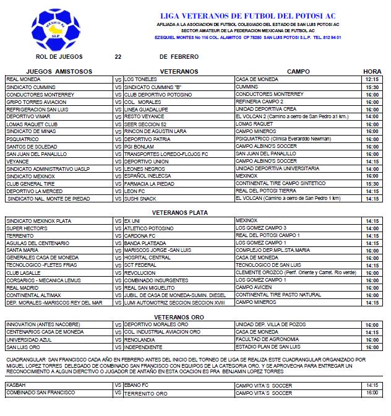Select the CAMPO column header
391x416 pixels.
click(x=298, y=72)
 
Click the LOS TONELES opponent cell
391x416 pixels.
click(x=140, y=80)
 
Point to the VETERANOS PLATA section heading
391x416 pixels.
click(x=179, y=210)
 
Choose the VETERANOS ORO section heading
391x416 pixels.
click(x=179, y=317)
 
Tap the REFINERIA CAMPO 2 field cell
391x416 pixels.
click(x=260, y=102)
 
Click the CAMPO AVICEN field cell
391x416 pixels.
click(x=254, y=287)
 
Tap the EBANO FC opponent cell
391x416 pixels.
click(x=137, y=384)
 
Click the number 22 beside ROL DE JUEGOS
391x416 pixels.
click(x=118, y=56)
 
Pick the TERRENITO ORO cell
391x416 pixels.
click(x=145, y=392)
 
